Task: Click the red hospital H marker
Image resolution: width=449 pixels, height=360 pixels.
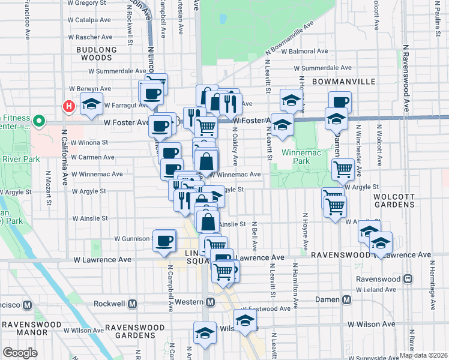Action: [x=69, y=106]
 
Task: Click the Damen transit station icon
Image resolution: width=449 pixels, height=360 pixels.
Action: [x=346, y=299]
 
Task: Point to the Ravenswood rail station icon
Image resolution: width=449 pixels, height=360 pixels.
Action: [x=408, y=279]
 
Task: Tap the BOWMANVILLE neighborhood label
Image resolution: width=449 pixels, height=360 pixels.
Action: [x=343, y=80]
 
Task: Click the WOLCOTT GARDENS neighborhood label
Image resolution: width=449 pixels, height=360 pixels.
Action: [x=394, y=200]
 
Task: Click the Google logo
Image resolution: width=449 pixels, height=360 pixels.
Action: [x=20, y=353]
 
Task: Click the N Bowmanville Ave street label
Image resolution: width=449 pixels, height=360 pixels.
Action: [x=289, y=41]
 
